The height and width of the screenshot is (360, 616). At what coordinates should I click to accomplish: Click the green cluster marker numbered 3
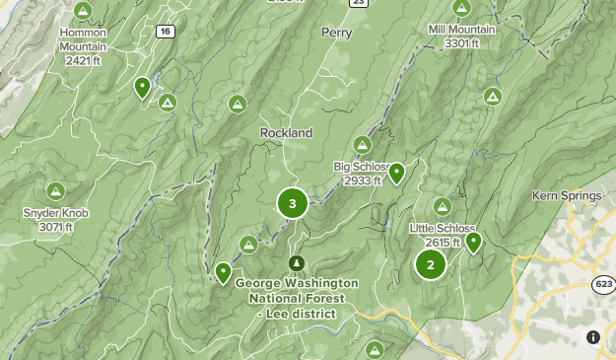coord(292,204)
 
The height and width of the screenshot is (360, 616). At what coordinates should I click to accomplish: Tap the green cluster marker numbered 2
coord(430,264)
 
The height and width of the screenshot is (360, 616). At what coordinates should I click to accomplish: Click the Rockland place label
coord(286,132)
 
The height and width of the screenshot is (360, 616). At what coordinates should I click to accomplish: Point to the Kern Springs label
coord(566,195)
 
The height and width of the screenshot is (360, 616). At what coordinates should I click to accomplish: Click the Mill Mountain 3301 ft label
coord(461,36)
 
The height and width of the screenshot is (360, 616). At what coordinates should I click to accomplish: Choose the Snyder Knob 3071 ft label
coord(56,219)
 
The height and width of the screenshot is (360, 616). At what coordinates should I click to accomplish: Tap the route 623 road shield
coord(604,284)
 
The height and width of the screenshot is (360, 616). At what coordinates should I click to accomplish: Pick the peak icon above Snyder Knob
coord(56,190)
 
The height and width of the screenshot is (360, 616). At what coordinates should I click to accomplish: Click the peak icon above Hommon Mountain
coord(84,11)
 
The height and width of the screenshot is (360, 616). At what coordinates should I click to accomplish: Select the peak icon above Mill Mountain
coord(461,7)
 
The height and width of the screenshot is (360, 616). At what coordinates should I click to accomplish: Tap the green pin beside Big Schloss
coord(396,174)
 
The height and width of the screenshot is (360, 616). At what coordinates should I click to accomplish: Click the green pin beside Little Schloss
coord(473,241)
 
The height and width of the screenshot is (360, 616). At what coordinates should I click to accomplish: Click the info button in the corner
coord(593,337)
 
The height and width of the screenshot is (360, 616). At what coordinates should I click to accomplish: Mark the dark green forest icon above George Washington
coord(296,263)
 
